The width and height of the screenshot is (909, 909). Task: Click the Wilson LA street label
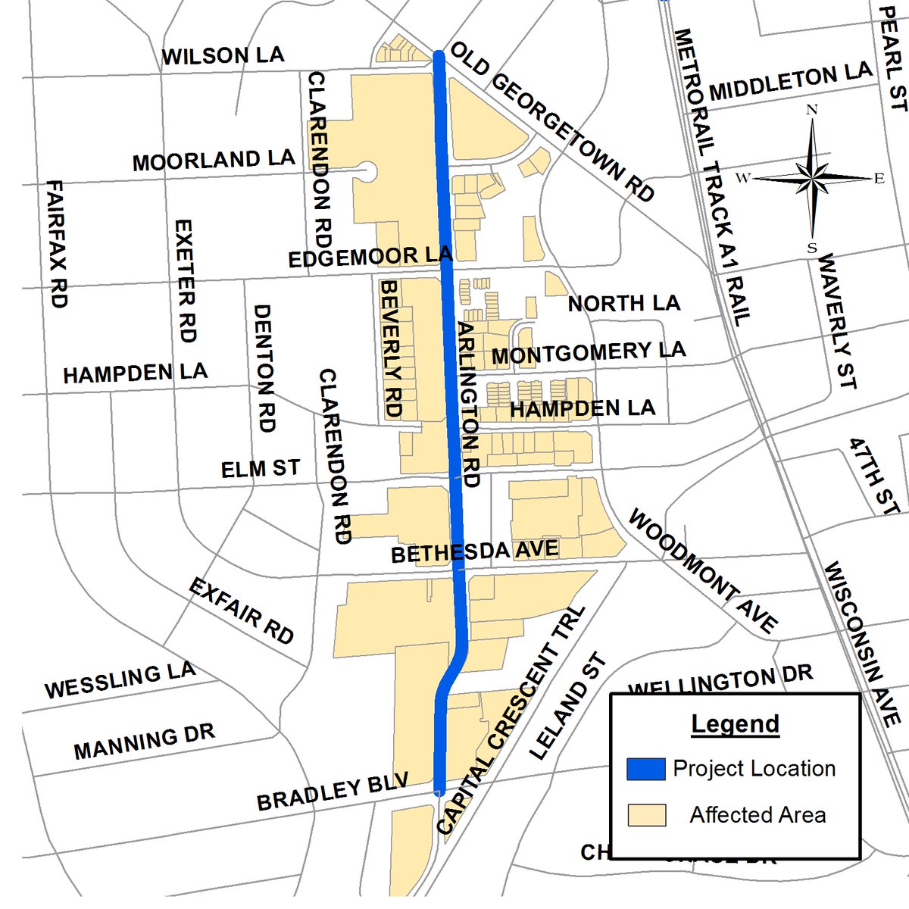[x=223, y=56]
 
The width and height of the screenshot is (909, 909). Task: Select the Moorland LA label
[x=214, y=160]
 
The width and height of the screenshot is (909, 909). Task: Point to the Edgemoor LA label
[x=370, y=257]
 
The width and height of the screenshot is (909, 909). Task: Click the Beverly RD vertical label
[x=391, y=348]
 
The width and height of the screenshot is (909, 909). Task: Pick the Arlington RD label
[x=470, y=405]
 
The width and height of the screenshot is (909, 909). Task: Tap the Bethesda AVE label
[x=475, y=551]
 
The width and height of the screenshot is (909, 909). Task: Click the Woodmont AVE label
[x=702, y=572]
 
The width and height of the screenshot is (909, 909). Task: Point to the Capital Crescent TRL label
[x=512, y=720]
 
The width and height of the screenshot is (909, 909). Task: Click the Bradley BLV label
[x=333, y=791]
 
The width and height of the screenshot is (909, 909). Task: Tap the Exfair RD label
[x=241, y=611]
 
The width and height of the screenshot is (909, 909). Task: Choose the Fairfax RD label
[x=57, y=243]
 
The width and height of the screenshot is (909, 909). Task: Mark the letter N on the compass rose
[x=812, y=110]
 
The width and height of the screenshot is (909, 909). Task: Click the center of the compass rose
[x=812, y=179]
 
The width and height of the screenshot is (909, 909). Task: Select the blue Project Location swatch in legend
[x=646, y=769]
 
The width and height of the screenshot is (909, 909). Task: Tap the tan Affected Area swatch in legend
[x=646, y=815]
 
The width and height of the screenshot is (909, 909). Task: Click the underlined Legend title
[x=735, y=724]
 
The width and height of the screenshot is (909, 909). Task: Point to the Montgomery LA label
[x=589, y=352]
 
